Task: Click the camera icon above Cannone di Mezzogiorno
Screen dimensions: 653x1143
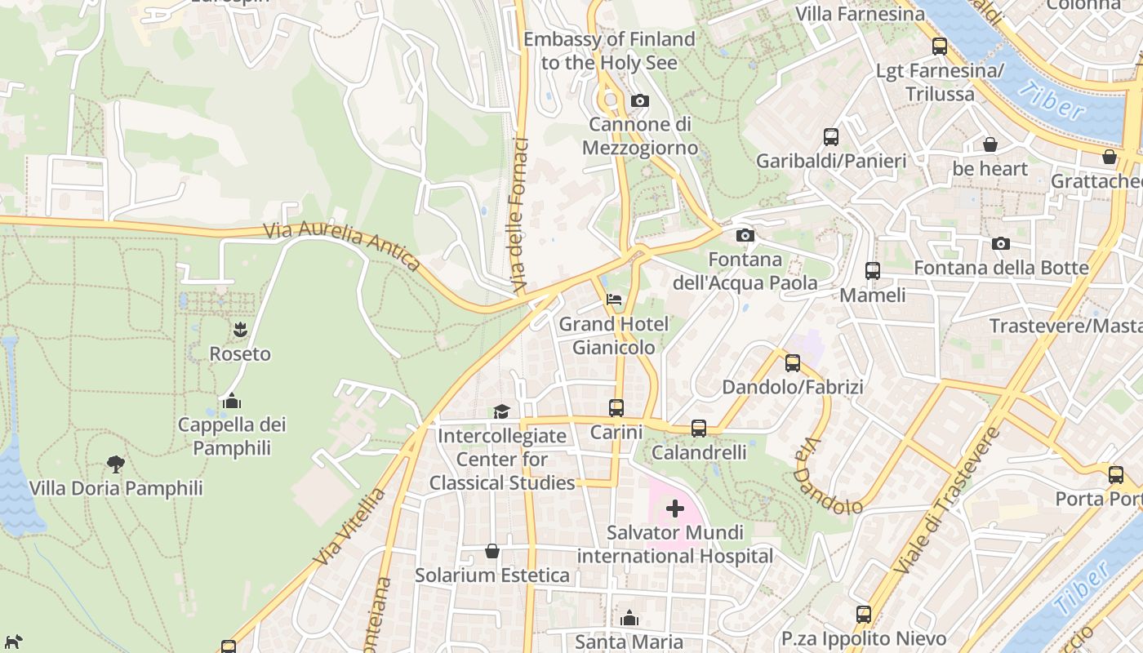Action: [x=640, y=101]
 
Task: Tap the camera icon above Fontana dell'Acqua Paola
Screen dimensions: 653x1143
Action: [x=745, y=236]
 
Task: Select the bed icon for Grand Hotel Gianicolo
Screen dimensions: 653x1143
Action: [x=613, y=300]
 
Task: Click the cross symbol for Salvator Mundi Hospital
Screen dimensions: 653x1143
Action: [x=674, y=509]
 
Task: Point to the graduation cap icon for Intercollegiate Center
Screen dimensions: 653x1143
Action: [x=501, y=411]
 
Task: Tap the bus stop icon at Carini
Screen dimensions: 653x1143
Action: [x=616, y=407]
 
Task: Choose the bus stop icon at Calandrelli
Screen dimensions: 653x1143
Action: [x=699, y=428]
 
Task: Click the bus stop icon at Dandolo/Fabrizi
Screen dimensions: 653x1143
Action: [x=792, y=362]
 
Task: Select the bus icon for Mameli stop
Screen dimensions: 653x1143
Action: [x=873, y=270]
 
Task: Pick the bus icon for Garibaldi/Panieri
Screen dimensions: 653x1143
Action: [x=831, y=136]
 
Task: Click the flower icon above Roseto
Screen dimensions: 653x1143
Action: [x=239, y=330]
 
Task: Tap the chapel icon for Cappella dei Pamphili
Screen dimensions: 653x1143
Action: [x=232, y=401]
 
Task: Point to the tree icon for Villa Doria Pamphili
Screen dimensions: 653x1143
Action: [x=115, y=464]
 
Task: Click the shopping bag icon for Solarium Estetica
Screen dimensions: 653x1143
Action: [x=492, y=551]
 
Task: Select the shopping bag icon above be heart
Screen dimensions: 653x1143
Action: [x=990, y=144]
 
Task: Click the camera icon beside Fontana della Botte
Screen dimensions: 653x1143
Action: [x=1000, y=243]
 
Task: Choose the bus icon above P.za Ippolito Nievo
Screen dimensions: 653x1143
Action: [x=864, y=615]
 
